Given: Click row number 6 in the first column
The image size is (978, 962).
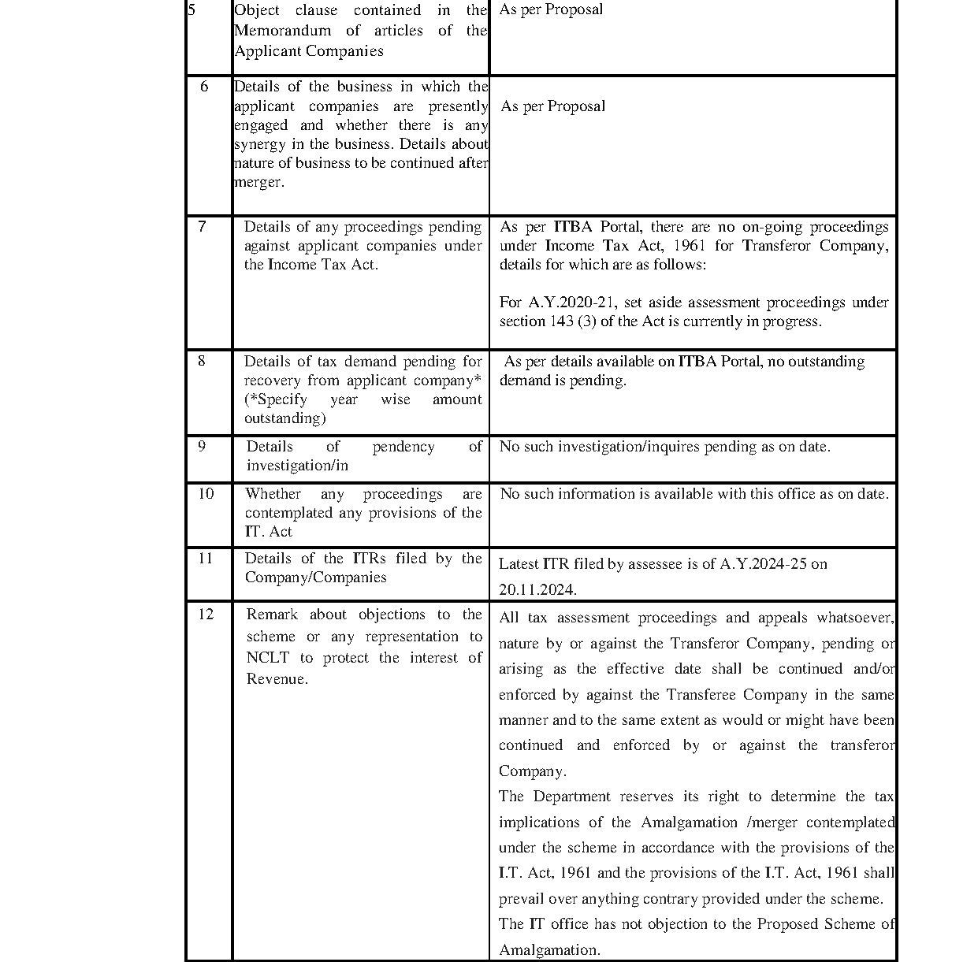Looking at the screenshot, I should pos(204,87).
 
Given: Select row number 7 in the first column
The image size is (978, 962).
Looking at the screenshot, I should pos(203,227).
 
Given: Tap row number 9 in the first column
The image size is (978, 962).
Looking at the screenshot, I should pos(203,447).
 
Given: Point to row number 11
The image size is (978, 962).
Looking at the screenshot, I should pos(206,559).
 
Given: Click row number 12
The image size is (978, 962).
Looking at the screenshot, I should pos(206,615).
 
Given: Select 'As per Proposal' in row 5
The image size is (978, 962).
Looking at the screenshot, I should pos(551,10).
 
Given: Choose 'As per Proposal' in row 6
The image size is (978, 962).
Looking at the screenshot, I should pos(553,106).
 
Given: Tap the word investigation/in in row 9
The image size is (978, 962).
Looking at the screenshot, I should pos(297,466).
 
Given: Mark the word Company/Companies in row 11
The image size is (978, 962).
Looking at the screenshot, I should pos(315,578).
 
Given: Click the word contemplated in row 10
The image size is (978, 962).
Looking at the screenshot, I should pos(289,513).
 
